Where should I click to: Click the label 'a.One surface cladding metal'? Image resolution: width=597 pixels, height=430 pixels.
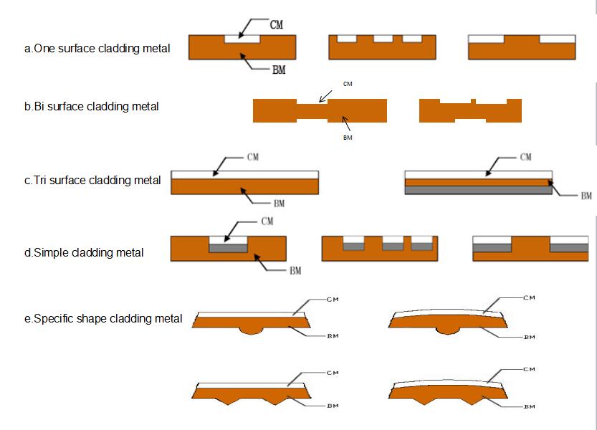[x=97, y=49]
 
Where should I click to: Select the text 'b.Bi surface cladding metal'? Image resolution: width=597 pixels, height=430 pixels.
[x=91, y=107]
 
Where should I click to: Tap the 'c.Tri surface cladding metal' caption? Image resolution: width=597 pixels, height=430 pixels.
[x=92, y=180]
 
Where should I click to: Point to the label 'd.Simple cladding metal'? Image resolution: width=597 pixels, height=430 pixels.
[x=83, y=252]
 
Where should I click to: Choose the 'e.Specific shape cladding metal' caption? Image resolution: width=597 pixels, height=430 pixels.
[x=103, y=318]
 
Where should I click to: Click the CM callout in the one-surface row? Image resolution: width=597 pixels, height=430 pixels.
[x=276, y=24]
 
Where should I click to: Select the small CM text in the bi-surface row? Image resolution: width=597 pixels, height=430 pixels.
[x=348, y=84]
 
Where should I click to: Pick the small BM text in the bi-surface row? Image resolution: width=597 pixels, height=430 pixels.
[x=348, y=138]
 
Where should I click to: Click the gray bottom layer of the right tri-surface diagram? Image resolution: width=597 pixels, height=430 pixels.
[x=478, y=190]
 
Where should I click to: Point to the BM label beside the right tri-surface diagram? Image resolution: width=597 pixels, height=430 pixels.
[x=586, y=195]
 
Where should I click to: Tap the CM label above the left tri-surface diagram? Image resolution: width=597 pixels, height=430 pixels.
[x=253, y=157]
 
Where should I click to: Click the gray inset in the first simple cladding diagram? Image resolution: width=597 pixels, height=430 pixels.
[x=228, y=247]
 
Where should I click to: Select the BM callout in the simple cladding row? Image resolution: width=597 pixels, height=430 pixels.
[x=295, y=271]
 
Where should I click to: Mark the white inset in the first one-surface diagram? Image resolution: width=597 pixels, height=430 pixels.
[x=242, y=38]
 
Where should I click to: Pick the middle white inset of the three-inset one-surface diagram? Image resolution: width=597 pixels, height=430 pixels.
[x=379, y=38]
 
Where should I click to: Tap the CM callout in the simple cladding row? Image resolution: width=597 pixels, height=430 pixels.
[x=267, y=221]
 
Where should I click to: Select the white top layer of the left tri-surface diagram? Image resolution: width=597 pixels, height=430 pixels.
[x=244, y=174]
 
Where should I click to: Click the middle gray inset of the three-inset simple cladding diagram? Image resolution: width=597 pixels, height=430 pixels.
[x=393, y=246]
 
